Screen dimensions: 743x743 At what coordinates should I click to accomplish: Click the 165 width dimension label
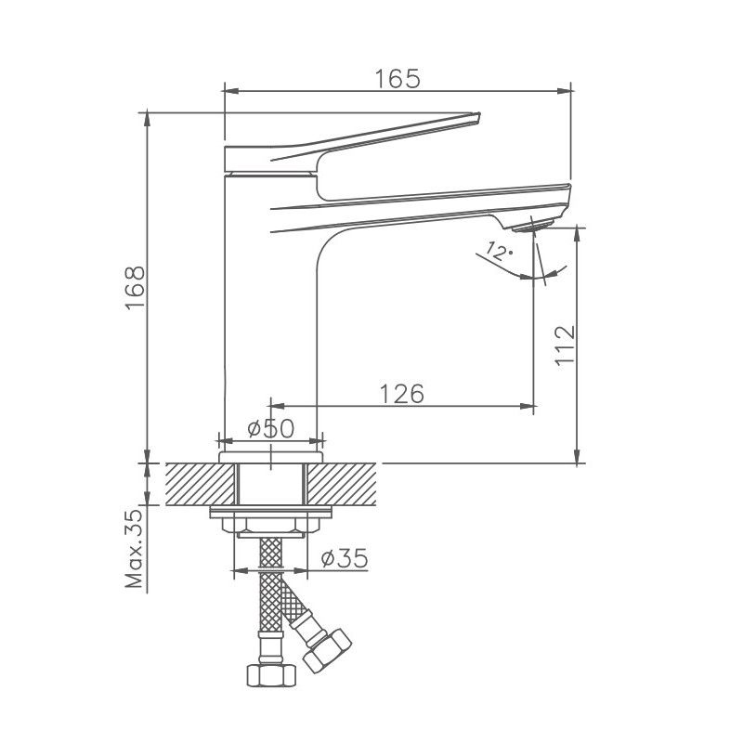point(398,78)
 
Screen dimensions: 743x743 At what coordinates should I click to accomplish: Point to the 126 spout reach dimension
point(401,393)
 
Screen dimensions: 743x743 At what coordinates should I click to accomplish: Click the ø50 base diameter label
point(270,428)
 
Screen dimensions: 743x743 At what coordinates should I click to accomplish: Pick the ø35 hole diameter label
point(344,558)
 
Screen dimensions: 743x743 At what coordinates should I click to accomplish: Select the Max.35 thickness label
point(135,550)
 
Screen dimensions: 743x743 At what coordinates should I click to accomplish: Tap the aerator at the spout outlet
point(533,225)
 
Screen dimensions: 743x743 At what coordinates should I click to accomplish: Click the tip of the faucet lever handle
point(476,117)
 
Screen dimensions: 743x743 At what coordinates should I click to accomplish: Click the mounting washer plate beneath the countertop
point(271,513)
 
